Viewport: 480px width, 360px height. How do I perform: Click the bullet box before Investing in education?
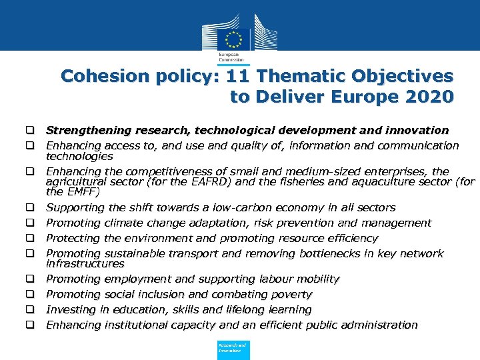click(x=31, y=310)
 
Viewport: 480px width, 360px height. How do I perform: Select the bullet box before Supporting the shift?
click(x=31, y=208)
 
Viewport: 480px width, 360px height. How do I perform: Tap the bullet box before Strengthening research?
click(x=31, y=131)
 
